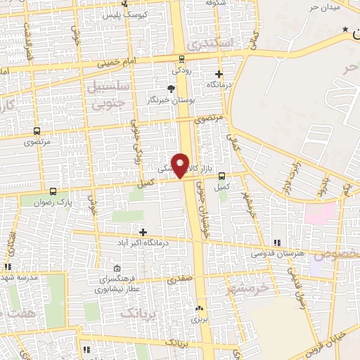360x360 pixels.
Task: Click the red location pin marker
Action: click(181, 165)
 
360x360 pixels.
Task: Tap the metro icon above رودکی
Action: click(183, 59)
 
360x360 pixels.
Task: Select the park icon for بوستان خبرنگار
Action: click(170, 88)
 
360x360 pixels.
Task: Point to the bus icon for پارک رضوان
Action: click(53, 191)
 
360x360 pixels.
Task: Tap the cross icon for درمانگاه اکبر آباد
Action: click(143, 231)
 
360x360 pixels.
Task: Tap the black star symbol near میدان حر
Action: click(345, 29)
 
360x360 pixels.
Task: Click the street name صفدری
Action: click(179, 278)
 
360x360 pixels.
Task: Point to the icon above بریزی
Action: click(199, 308)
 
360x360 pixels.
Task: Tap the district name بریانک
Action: click(138, 311)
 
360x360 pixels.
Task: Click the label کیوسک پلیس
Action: click(127, 15)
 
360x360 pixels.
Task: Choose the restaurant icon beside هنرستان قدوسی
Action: click(276, 242)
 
